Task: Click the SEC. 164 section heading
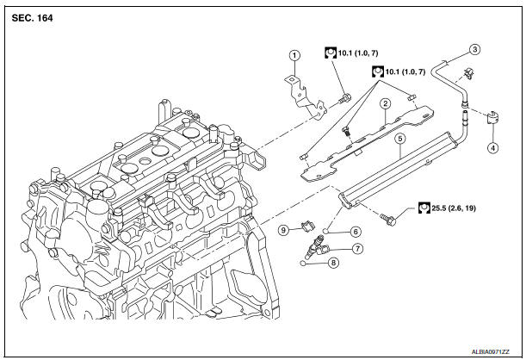click(x=32, y=18)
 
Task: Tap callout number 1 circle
click(x=294, y=55)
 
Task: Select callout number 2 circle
click(x=386, y=103)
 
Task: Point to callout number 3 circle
click(x=474, y=50)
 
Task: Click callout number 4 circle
click(x=492, y=147)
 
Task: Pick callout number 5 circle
click(x=399, y=139)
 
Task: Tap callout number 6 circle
click(x=356, y=232)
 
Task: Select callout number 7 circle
click(x=357, y=249)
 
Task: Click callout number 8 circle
click(x=333, y=263)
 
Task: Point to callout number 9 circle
click(x=283, y=230)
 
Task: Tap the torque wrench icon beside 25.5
click(x=424, y=208)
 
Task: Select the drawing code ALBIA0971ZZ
click(x=490, y=352)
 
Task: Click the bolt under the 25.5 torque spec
click(x=387, y=219)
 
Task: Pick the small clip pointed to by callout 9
click(x=308, y=227)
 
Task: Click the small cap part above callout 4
click(x=492, y=117)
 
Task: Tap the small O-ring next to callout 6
click(x=325, y=231)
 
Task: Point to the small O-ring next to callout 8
click(x=303, y=263)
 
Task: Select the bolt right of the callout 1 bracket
click(x=344, y=98)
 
